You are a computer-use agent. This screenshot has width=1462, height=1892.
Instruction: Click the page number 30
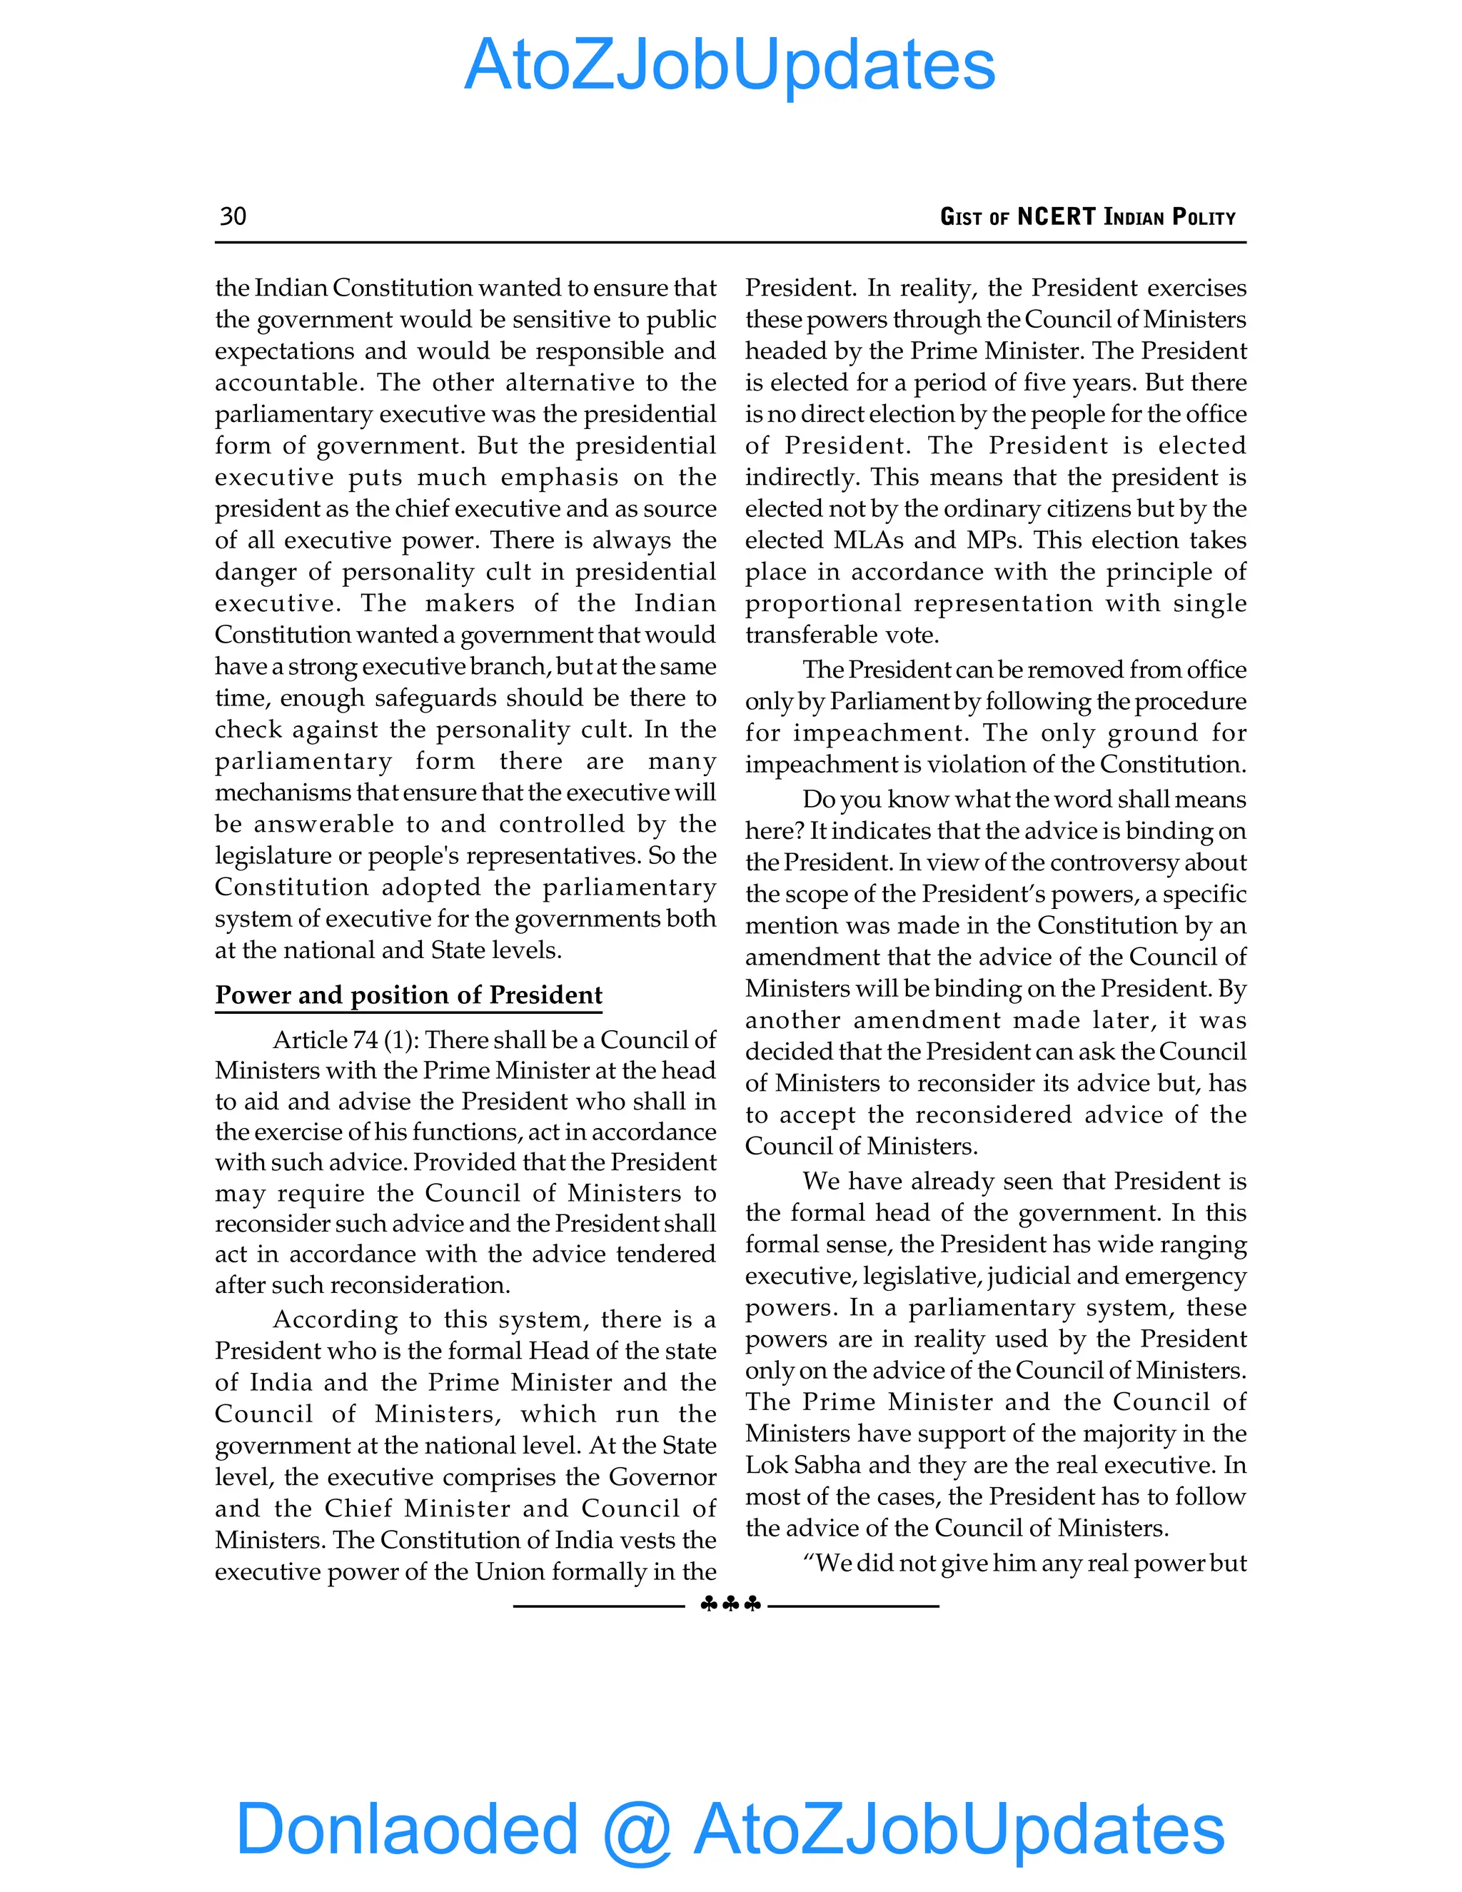233,216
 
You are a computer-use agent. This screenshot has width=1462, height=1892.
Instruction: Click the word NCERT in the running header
1056,216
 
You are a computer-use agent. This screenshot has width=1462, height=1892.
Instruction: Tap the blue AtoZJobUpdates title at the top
730,65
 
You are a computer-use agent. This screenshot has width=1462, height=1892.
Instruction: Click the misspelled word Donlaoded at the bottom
407,1827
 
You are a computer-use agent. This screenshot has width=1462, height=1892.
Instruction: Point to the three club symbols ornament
730,1604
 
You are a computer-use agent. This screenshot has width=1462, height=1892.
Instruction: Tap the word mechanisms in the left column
283,792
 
